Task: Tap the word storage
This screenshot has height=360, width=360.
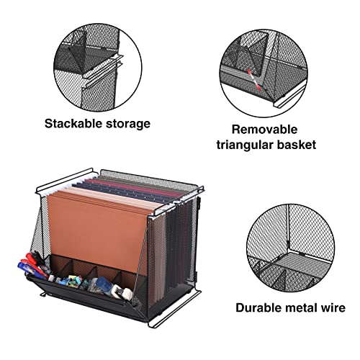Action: pos(126,124)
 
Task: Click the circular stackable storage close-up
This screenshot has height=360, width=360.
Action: pos(98,62)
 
